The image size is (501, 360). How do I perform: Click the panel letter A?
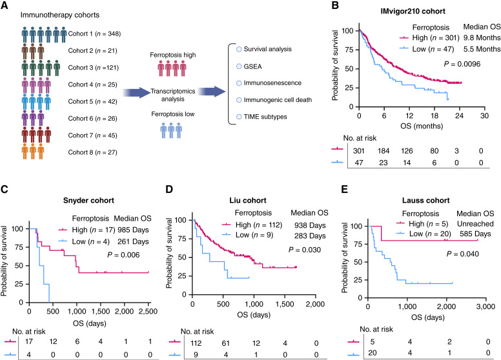click(x=5, y=5)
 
